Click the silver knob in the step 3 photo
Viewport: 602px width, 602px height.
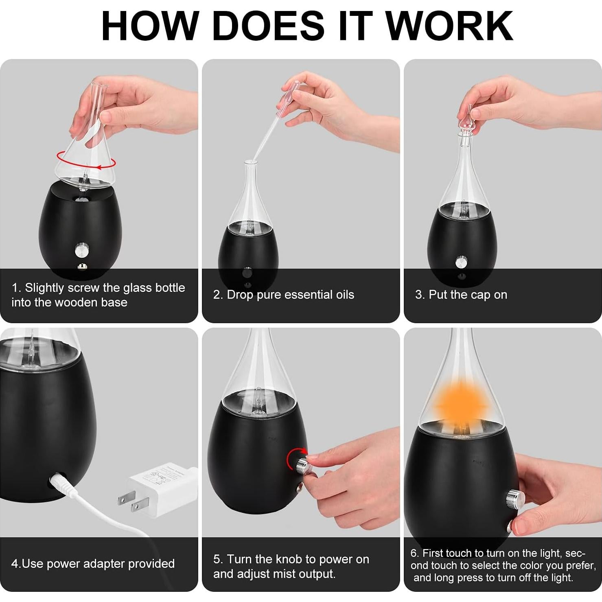[x=462, y=262]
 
